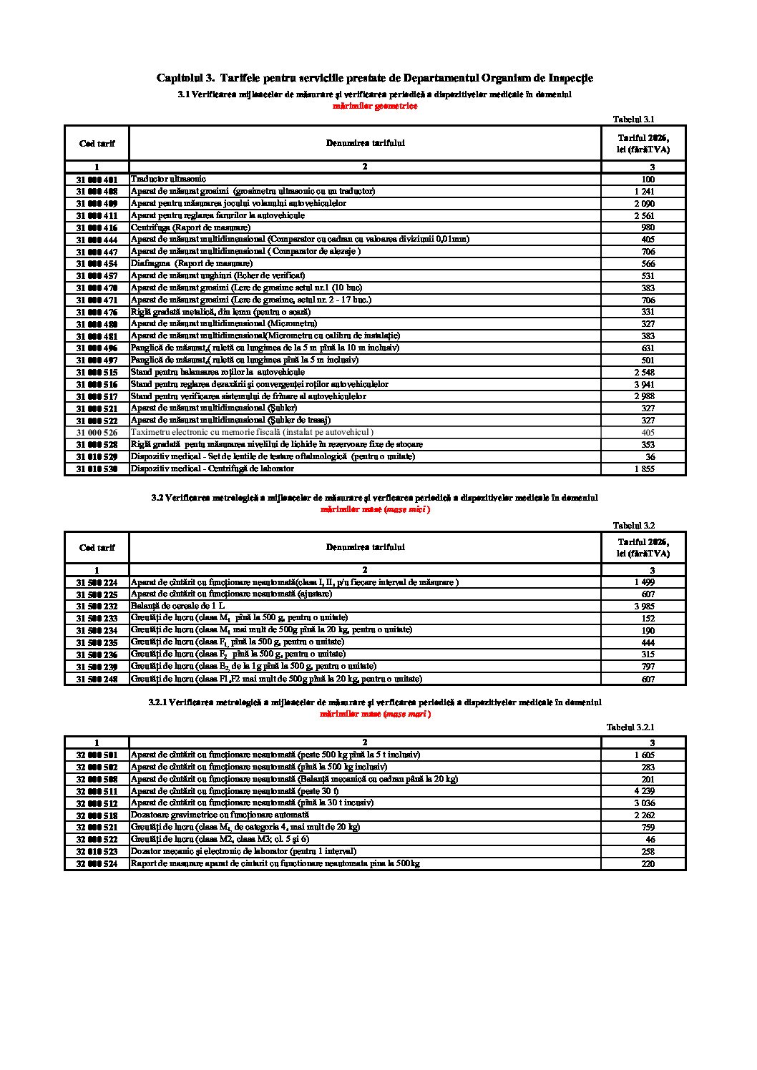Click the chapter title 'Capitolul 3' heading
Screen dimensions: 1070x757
(x=374, y=78)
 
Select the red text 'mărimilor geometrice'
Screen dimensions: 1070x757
(x=375, y=106)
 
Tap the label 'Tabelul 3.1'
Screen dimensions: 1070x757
(x=633, y=119)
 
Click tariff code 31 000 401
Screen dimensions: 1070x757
(x=97, y=180)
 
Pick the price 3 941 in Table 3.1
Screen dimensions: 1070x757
(x=644, y=384)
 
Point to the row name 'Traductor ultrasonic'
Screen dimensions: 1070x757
(x=168, y=179)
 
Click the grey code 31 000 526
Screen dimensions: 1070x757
(x=97, y=433)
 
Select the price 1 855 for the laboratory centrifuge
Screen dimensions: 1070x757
(x=644, y=469)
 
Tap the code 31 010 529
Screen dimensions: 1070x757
(x=97, y=457)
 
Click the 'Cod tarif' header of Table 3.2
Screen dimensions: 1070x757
(x=97, y=548)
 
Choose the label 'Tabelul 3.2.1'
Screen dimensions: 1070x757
(x=630, y=727)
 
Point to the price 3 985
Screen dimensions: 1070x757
(x=644, y=607)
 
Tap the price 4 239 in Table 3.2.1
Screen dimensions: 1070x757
(x=644, y=791)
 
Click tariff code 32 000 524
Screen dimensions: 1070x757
(x=97, y=864)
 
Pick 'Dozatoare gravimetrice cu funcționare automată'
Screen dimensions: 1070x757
(x=220, y=815)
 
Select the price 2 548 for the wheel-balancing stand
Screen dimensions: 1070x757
(x=644, y=373)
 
